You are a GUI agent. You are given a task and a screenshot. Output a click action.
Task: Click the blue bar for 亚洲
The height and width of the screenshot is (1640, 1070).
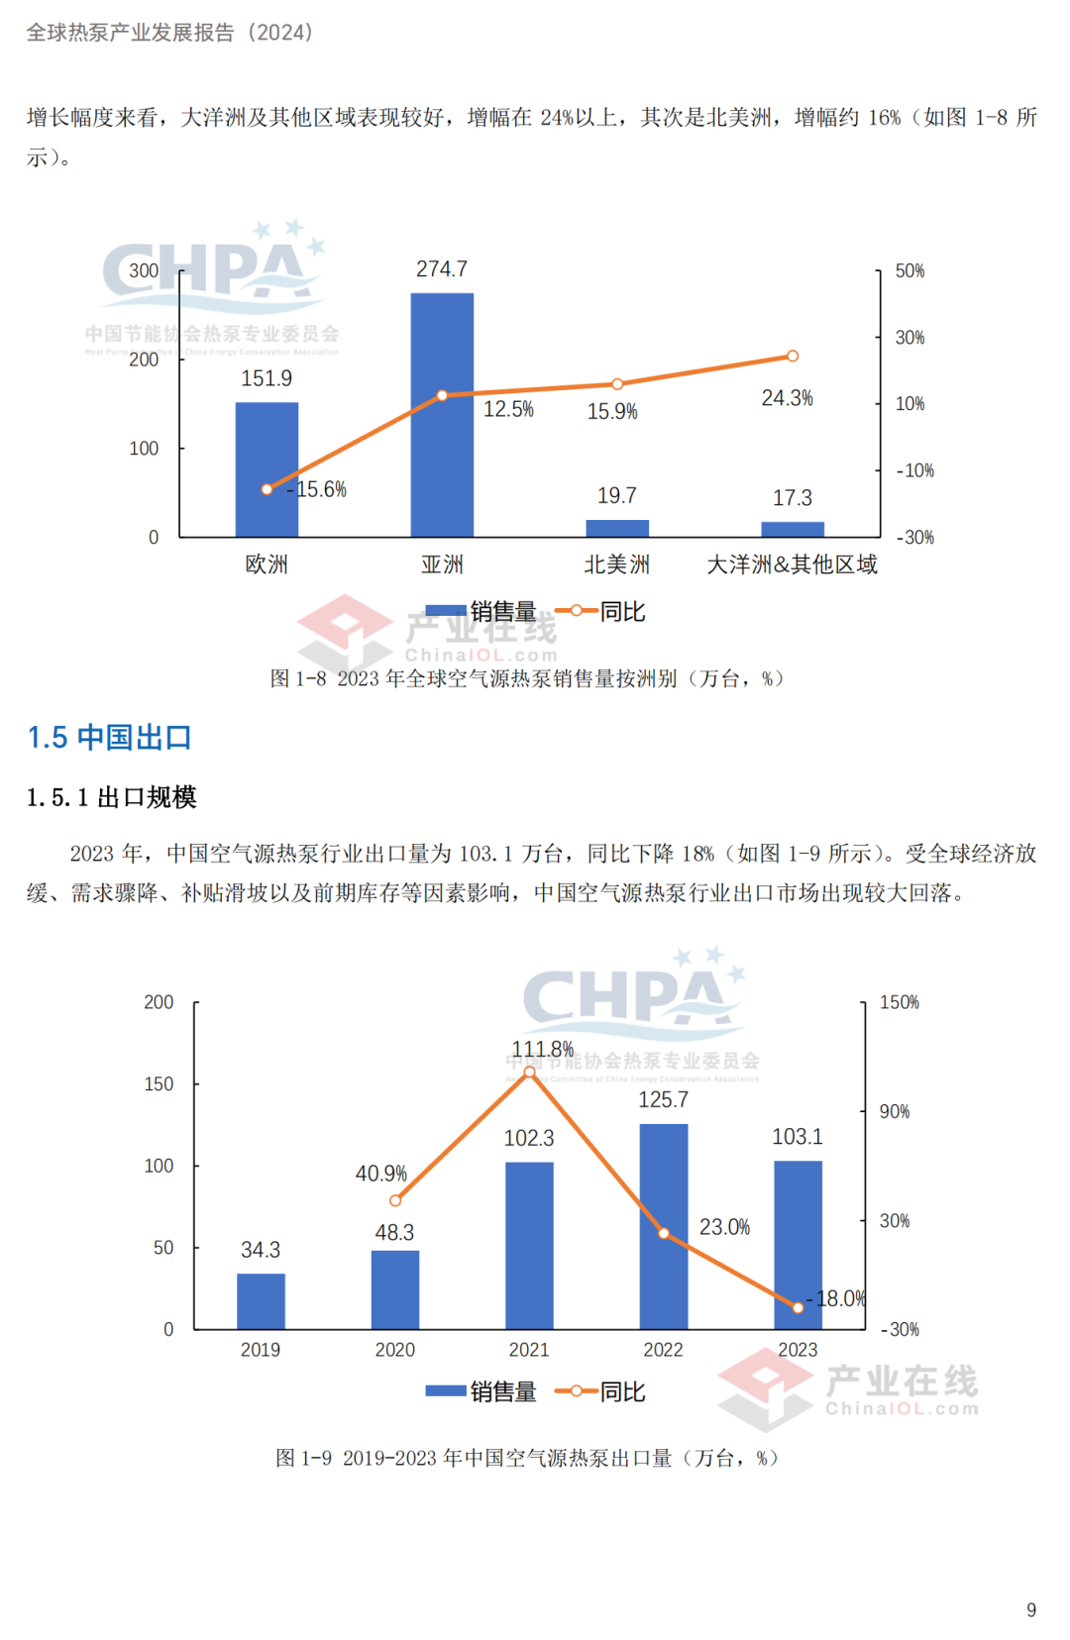tap(442, 415)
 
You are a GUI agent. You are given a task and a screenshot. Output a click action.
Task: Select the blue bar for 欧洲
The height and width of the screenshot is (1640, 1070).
tap(267, 469)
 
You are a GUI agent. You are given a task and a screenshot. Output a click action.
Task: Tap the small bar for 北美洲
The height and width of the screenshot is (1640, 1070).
tap(617, 529)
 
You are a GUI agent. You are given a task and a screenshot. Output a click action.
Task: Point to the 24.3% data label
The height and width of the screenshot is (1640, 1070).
tap(787, 398)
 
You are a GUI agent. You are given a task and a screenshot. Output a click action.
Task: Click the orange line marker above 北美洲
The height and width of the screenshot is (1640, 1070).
tap(617, 384)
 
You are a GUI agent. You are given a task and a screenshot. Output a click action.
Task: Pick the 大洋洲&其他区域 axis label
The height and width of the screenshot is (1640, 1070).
tap(792, 564)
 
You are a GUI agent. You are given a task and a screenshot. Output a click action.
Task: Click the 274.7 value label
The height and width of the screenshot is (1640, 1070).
tap(442, 269)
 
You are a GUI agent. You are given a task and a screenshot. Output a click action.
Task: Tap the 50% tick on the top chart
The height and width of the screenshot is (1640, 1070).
tap(909, 271)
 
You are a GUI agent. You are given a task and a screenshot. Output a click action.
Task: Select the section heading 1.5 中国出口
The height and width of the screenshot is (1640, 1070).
tap(109, 738)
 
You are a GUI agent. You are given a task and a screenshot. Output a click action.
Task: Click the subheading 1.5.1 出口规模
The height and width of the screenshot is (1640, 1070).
tap(111, 797)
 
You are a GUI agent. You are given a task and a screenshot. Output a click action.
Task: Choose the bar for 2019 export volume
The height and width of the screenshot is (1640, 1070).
tap(261, 1301)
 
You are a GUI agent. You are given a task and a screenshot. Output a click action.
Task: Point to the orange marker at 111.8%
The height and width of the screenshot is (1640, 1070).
tap(529, 1073)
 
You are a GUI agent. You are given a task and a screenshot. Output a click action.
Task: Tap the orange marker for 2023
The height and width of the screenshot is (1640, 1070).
tap(799, 1307)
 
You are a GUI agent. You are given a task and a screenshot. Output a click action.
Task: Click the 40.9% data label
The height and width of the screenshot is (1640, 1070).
tap(381, 1174)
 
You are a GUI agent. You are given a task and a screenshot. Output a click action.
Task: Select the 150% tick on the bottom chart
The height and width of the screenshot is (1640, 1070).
tap(899, 1002)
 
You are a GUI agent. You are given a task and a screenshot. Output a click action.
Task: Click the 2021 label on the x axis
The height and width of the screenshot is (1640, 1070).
tap(529, 1350)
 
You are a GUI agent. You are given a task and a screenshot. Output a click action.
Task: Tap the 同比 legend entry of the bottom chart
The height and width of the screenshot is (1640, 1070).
tap(601, 1392)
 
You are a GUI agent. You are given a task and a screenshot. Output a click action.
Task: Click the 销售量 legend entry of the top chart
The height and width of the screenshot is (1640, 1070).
tap(482, 612)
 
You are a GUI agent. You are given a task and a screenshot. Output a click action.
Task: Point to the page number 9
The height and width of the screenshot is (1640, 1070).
tap(1031, 1610)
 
